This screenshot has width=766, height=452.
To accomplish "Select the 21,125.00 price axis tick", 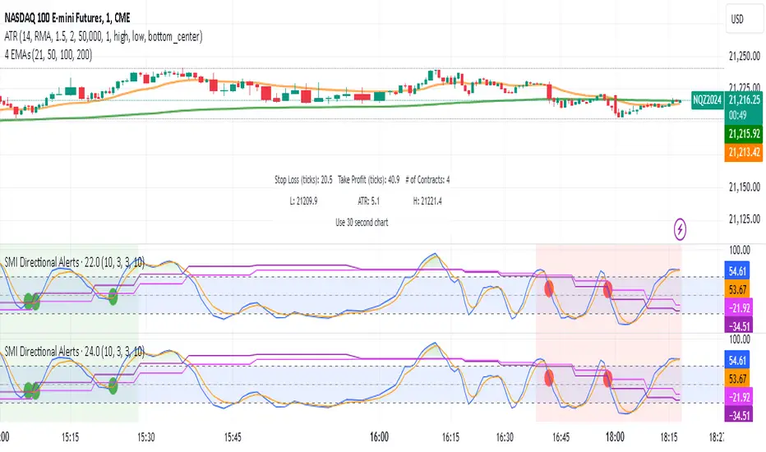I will [742, 218].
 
